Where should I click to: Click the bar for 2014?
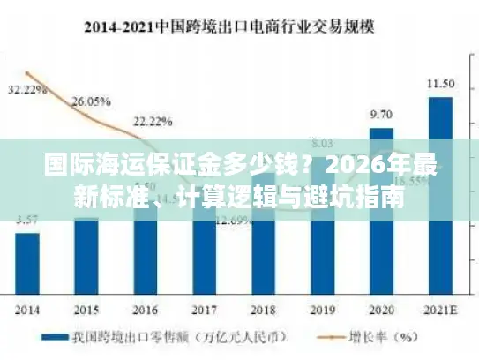point(27,263)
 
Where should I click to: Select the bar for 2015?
point(86,256)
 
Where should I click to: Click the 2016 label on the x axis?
point(146,310)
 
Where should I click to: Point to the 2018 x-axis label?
point(263,310)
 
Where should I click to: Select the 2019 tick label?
point(322,310)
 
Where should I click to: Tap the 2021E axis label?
point(440,310)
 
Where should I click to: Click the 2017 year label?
point(204,310)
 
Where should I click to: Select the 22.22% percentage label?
point(151,120)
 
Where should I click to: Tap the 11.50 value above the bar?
point(440,84)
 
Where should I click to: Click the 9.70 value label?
point(381,115)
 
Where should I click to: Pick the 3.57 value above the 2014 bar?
point(26,220)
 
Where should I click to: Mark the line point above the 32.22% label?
point(28,73)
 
